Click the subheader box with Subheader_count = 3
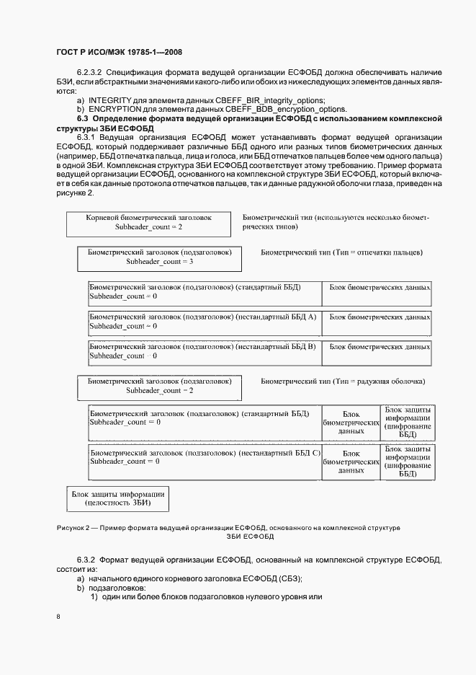(159, 257)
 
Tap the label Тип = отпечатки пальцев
(341, 253)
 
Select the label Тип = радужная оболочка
(343, 381)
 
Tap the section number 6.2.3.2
(91, 73)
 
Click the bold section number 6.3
(83, 118)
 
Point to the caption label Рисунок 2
(75, 529)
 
